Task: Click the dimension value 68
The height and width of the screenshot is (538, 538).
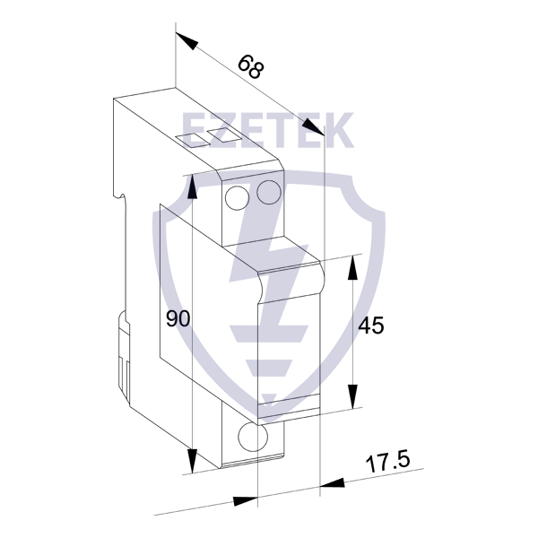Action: pyautogui.click(x=251, y=66)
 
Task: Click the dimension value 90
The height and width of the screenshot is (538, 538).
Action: pyautogui.click(x=178, y=318)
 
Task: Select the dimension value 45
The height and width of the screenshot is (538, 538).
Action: pyautogui.click(x=371, y=325)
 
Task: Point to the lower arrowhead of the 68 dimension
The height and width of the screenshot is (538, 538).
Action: pyautogui.click(x=313, y=127)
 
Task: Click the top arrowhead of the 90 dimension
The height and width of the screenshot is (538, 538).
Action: pyautogui.click(x=193, y=187)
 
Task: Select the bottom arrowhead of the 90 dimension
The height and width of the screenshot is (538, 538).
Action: pyautogui.click(x=193, y=461)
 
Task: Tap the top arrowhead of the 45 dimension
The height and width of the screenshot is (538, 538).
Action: pyautogui.click(x=352, y=268)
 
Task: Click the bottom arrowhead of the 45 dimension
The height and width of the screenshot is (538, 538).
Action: pyautogui.click(x=352, y=397)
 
